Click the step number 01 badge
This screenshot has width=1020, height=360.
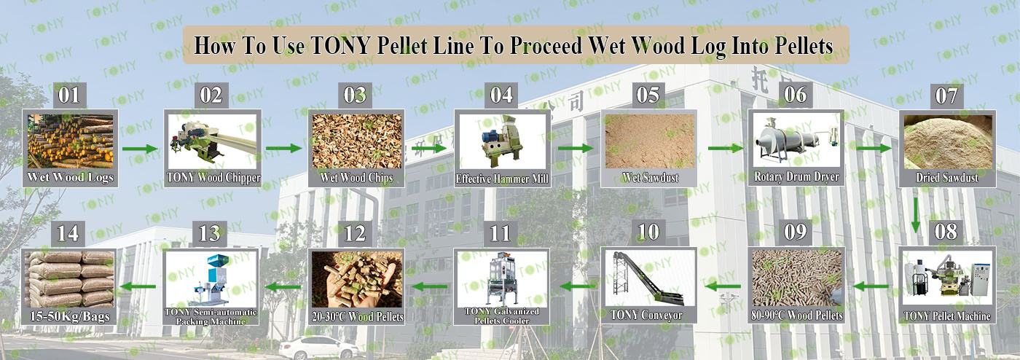click(69, 95)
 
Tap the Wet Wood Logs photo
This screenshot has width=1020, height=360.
click(70, 141)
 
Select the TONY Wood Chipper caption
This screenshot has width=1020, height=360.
click(213, 178)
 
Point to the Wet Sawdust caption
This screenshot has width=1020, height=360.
click(650, 177)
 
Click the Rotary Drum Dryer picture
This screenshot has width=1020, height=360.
click(796, 139)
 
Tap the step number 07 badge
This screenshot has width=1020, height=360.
click(946, 95)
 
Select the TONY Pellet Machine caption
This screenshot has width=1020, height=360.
click(947, 316)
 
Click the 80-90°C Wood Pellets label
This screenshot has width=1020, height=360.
click(796, 316)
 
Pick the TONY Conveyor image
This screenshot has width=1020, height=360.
click(649, 278)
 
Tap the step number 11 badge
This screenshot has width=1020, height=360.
click(500, 233)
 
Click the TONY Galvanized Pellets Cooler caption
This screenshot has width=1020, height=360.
click(502, 316)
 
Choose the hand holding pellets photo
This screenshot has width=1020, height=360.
click(357, 279)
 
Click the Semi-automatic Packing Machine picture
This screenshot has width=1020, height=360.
click(211, 279)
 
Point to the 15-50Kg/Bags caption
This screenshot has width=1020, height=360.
click(70, 316)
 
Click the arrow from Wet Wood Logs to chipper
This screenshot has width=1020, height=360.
click(140, 149)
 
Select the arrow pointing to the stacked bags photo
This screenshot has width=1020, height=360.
click(137, 286)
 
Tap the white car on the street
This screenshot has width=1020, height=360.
click(318, 348)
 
